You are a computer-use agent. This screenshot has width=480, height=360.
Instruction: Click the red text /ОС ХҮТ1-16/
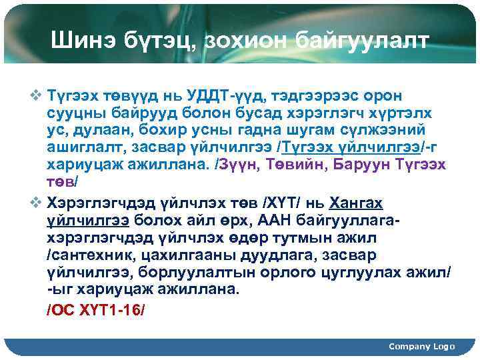click(x=95, y=310)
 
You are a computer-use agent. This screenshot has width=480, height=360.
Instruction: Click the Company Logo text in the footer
click(x=421, y=346)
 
